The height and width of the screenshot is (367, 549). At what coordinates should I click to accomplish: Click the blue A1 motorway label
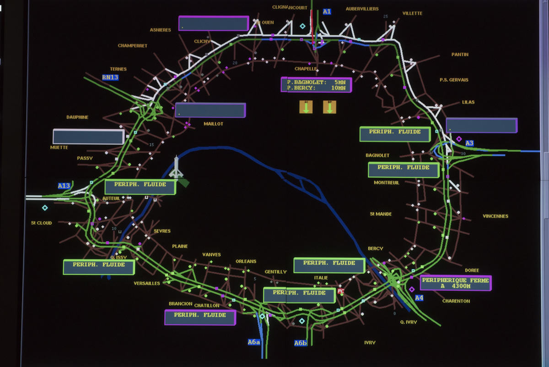[327, 11]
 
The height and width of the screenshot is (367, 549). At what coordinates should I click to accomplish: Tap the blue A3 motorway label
[469, 143]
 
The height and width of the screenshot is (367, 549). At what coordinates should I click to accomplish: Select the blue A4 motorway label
[419, 298]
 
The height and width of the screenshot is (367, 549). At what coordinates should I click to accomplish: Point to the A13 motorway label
[64, 186]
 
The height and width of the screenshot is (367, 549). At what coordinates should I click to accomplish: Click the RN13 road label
[110, 77]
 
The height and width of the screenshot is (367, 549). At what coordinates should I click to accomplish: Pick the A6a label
[254, 342]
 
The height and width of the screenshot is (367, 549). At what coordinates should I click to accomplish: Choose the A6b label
[301, 343]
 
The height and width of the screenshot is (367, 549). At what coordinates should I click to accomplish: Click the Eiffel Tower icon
[177, 168]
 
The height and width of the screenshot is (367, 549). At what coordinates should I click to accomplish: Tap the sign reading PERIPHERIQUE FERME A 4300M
[455, 283]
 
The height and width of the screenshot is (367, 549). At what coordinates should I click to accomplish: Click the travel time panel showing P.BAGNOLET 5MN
[316, 85]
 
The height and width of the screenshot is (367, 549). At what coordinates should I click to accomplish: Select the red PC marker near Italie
[340, 290]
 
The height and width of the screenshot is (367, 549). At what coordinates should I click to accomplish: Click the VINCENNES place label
[495, 216]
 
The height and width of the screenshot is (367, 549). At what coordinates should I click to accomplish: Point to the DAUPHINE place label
[77, 117]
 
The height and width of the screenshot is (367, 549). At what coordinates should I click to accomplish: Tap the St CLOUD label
[42, 223]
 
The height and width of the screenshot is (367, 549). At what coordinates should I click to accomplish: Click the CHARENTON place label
[456, 301]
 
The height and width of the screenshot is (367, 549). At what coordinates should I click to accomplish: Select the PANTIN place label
[460, 55]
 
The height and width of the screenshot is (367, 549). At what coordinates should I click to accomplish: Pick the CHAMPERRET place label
[132, 46]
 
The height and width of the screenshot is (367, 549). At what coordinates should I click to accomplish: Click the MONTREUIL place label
[387, 182]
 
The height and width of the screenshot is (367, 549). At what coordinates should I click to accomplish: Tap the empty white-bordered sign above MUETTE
[88, 137]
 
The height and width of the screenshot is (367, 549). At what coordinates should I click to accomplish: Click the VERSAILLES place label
[147, 283]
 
